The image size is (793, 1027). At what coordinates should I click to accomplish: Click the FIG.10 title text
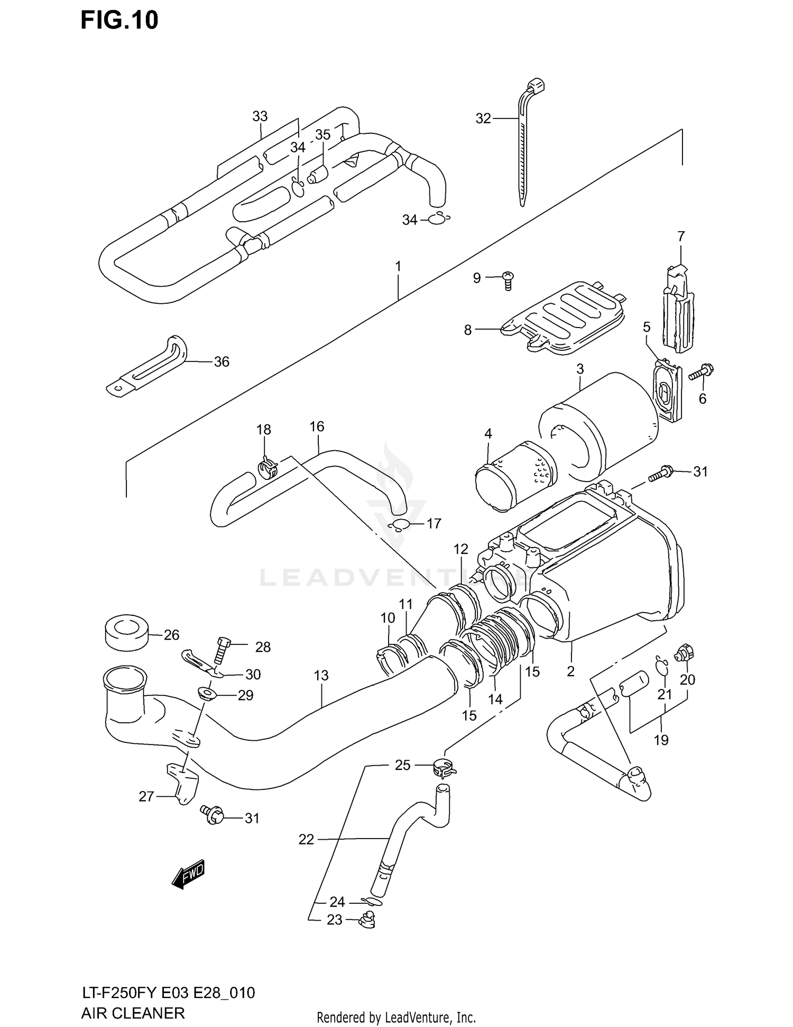pos(119,20)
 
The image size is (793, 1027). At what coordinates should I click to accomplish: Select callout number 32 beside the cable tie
pos(483,119)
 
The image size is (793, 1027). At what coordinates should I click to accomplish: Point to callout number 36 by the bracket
pos(222,362)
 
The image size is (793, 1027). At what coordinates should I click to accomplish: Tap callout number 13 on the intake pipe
pos(321,675)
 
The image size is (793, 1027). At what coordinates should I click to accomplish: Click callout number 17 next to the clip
pos(434,524)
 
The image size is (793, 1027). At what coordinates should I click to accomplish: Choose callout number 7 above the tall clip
pos(681,236)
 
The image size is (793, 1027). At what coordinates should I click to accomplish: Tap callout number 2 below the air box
pos(570,671)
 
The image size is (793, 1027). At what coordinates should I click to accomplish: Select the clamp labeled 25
pos(444,768)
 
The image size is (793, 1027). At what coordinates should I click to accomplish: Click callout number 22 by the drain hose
pos(306,839)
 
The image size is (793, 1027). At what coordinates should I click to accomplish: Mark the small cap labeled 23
pos(366,921)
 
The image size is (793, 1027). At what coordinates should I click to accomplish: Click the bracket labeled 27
pos(183,783)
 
